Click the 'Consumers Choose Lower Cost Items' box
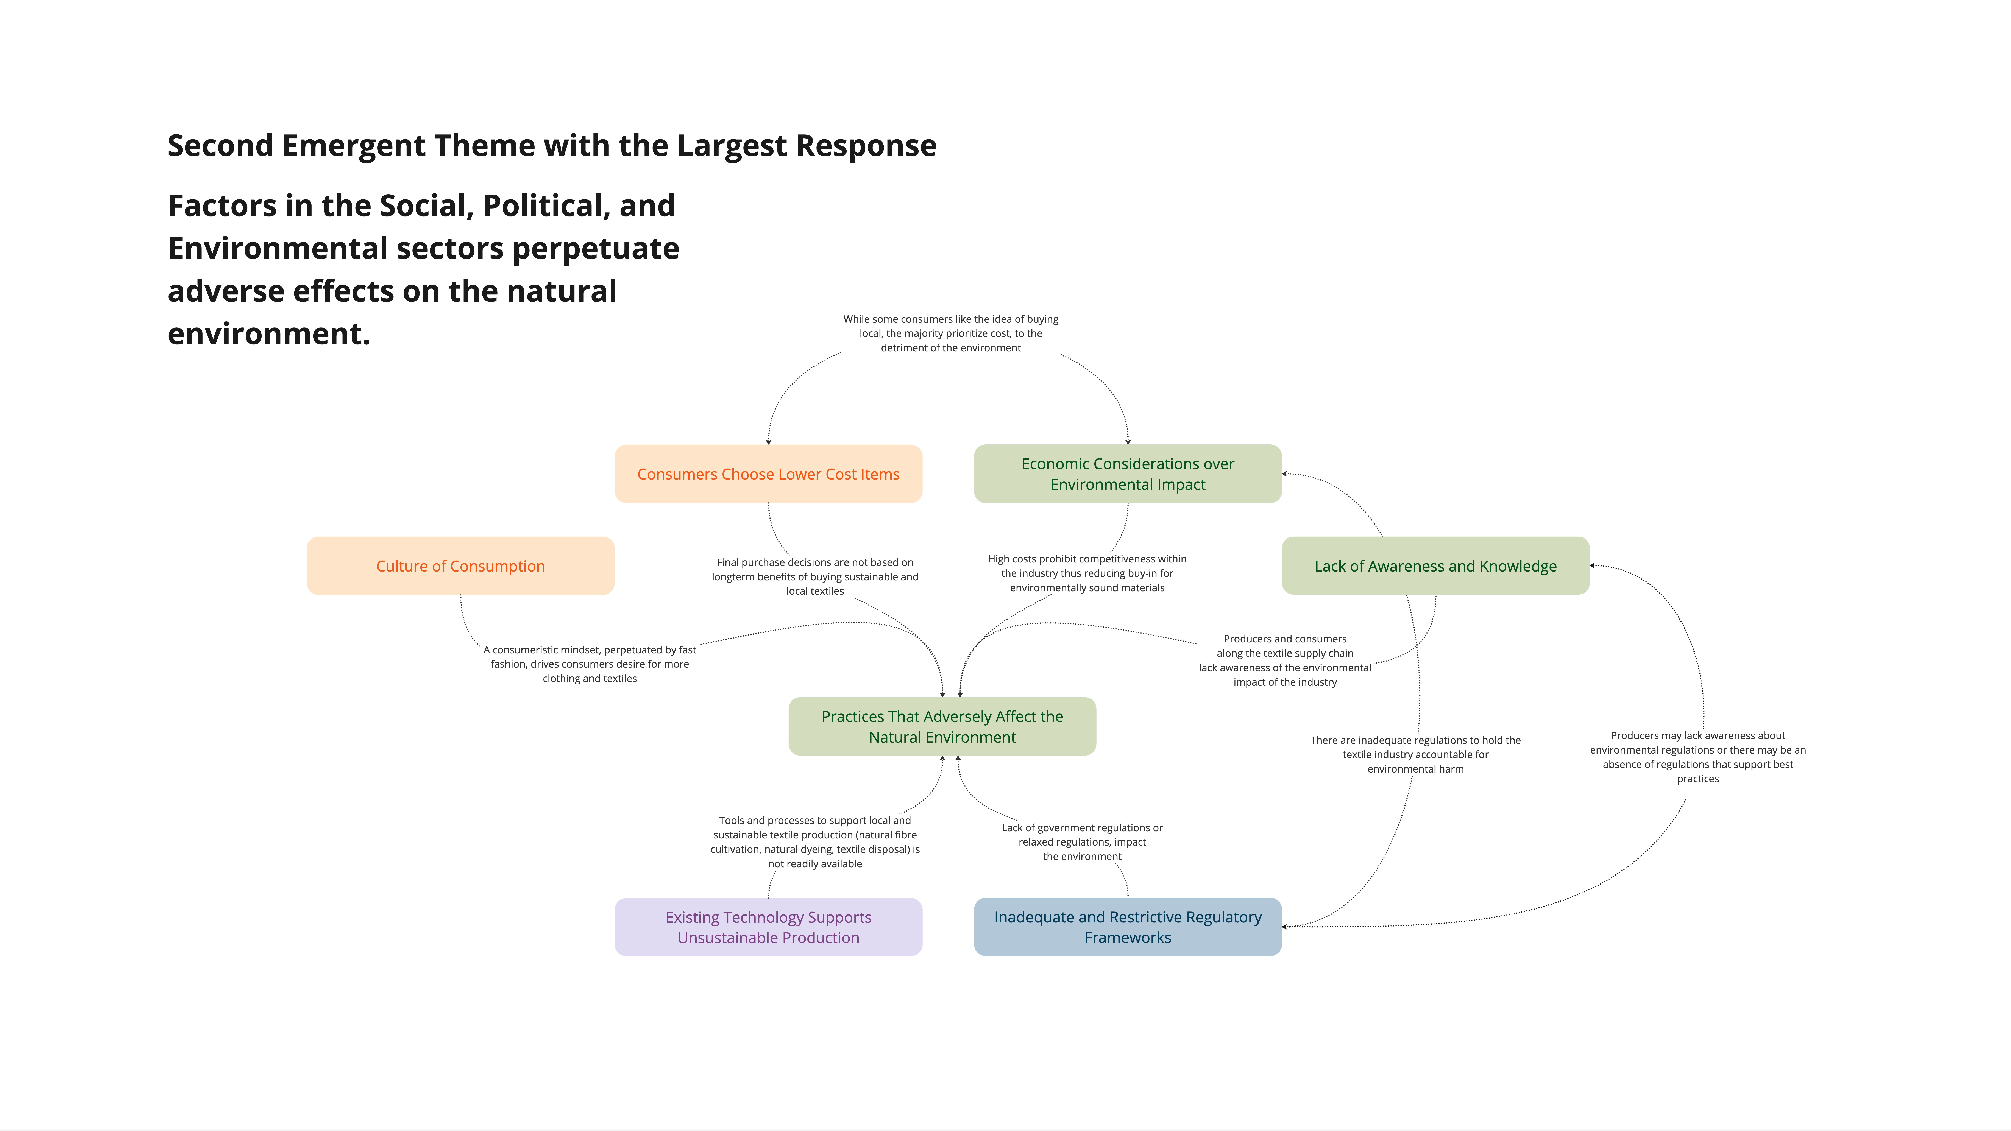[x=768, y=474]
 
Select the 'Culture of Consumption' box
[x=461, y=566]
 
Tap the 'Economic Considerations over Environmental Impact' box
[x=1127, y=474]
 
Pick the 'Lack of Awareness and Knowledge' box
[x=1435, y=566]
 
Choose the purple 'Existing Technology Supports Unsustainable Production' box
[x=768, y=927]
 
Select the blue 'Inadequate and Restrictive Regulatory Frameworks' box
[x=1127, y=927]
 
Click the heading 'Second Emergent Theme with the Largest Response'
[x=552, y=146]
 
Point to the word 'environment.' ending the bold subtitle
[x=268, y=334]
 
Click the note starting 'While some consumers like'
[x=950, y=333]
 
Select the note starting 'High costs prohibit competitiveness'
[x=1087, y=574]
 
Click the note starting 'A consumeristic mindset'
[x=589, y=664]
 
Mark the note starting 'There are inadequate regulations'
[x=1415, y=755]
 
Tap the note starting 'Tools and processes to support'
[x=814, y=842]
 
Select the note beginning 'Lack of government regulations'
[x=1082, y=842]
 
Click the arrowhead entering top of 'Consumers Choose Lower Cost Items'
[x=768, y=442]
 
